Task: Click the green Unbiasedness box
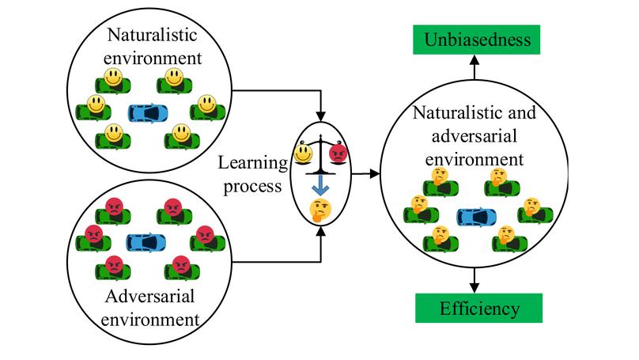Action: [x=475, y=38]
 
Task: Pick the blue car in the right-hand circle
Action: [x=477, y=216]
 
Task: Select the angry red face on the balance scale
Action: [x=338, y=153]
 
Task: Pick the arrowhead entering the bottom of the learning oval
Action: [x=320, y=233]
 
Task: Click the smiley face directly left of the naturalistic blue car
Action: [x=95, y=104]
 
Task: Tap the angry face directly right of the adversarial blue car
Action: [x=204, y=234]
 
